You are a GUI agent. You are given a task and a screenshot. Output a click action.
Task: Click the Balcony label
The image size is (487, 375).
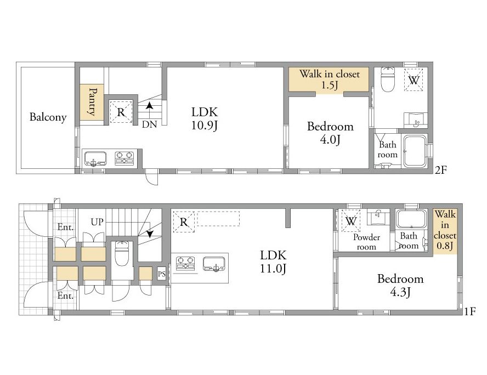(x=48, y=117)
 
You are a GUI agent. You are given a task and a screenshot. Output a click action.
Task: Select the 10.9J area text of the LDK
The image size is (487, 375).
(x=204, y=126)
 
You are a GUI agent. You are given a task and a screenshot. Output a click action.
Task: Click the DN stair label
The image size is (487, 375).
(x=149, y=124)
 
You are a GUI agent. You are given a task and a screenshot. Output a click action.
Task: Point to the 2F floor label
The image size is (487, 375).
(x=440, y=170)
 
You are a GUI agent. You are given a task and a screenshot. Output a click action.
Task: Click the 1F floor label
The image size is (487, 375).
(x=470, y=311)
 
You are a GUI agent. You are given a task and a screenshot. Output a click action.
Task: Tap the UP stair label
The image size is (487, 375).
(x=97, y=222)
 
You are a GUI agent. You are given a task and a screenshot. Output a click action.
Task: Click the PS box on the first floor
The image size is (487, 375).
(x=161, y=274)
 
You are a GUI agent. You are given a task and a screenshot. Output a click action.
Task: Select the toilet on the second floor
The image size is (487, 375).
(x=387, y=79)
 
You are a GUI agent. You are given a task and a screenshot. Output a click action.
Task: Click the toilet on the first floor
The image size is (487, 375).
(x=122, y=253)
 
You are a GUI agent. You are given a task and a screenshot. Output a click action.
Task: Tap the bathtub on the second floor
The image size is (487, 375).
(x=414, y=152)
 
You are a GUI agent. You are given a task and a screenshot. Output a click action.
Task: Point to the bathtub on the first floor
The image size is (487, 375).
(x=410, y=219)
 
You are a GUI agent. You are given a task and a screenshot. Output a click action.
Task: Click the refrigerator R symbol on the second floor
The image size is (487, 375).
(x=121, y=111)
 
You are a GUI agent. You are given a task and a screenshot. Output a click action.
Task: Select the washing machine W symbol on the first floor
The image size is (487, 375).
(x=351, y=221)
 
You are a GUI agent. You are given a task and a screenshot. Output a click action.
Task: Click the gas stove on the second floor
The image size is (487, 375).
(x=124, y=158)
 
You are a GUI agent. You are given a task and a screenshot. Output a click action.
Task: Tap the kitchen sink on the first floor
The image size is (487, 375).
(x=214, y=264)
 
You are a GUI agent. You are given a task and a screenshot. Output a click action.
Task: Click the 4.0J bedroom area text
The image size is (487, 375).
(x=330, y=140)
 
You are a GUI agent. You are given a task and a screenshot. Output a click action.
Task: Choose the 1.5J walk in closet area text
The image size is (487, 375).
(x=330, y=85)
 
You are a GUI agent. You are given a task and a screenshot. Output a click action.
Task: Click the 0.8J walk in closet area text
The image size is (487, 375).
(x=445, y=246)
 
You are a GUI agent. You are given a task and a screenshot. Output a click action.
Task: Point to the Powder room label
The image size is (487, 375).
(x=366, y=242)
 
